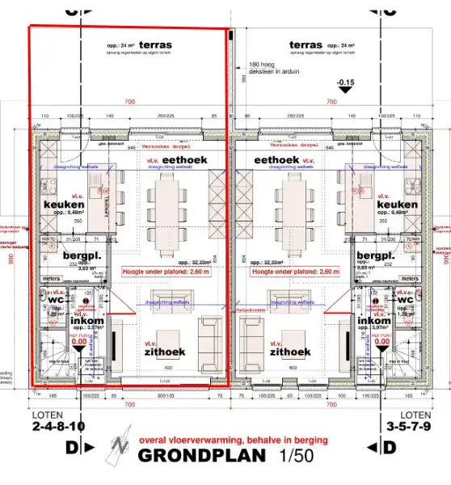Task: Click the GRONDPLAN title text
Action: tap(202, 456)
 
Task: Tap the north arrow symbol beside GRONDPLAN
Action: tap(121, 445)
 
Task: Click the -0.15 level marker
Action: tap(347, 82)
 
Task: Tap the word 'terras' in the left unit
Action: tap(155, 44)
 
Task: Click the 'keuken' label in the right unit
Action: tap(398, 205)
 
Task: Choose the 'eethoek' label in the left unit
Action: tap(185, 161)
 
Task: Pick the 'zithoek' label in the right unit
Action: tap(290, 352)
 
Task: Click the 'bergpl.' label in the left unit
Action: tap(80, 255)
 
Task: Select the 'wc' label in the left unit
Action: tap(56, 298)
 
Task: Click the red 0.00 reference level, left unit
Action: tap(78, 342)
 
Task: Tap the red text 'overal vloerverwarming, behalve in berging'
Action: tap(234, 440)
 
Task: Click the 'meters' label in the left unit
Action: tap(51, 279)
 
